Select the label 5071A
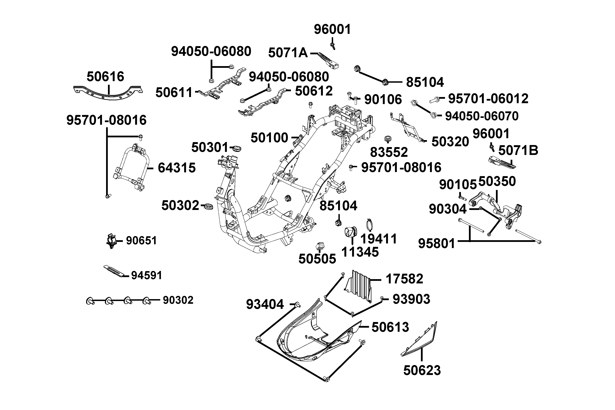(288, 53)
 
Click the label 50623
(422, 371)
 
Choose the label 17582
(404, 279)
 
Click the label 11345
(360, 252)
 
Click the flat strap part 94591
(114, 271)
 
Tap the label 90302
(178, 300)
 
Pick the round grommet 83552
(387, 139)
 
